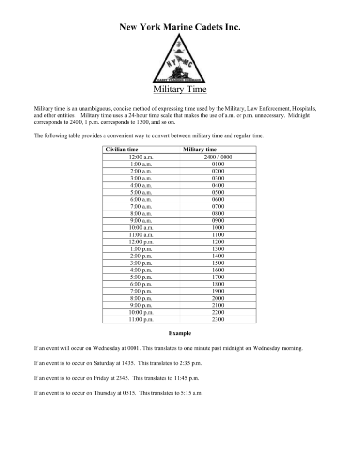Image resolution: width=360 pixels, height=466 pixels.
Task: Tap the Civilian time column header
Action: click(x=122, y=150)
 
